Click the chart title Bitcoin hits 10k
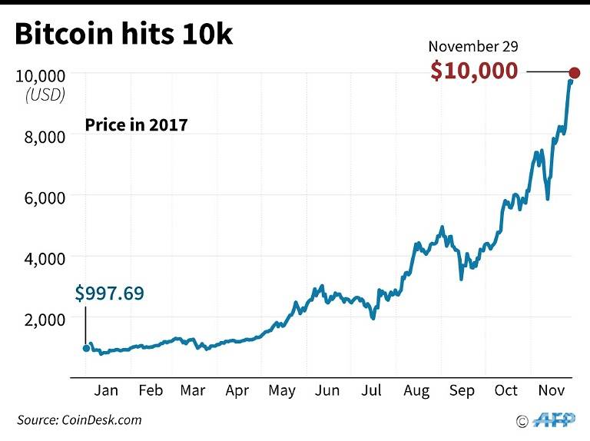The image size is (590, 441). [x=123, y=35]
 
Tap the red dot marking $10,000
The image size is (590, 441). [x=574, y=73]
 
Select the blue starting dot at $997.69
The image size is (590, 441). [x=85, y=348]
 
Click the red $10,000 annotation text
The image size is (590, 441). [x=474, y=71]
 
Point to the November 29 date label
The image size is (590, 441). [x=473, y=46]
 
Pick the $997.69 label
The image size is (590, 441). [x=109, y=293]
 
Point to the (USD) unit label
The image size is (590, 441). [x=45, y=95]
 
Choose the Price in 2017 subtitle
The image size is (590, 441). [x=136, y=124]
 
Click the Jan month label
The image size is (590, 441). [x=106, y=391]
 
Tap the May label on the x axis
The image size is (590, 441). [x=282, y=391]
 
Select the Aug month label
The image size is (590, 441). [x=417, y=391]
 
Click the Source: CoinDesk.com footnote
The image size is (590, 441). [x=80, y=419]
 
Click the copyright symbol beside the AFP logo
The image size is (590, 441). [x=522, y=421]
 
